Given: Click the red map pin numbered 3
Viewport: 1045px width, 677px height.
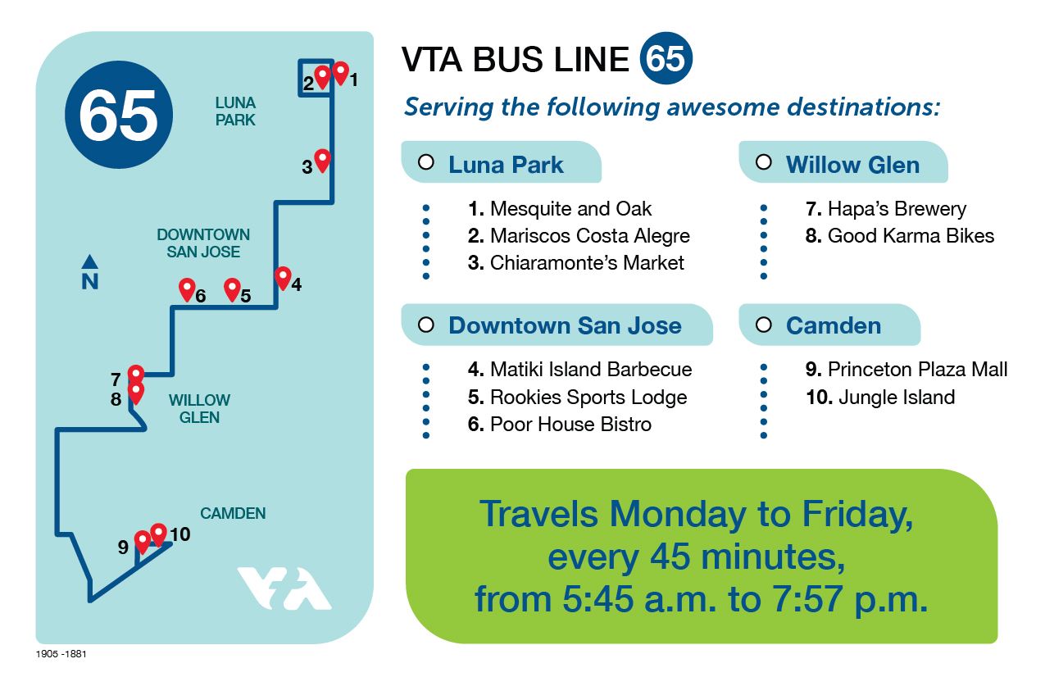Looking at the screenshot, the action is pyautogui.click(x=322, y=161).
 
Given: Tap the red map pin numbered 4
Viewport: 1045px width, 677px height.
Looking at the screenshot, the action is pyautogui.click(x=283, y=278).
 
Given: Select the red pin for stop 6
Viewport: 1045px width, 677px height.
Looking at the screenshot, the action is pyautogui.click(x=187, y=290).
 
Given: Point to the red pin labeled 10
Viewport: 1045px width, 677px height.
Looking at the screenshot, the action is pyautogui.click(x=159, y=534).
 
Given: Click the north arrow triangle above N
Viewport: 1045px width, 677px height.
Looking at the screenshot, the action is pyautogui.click(x=89, y=261).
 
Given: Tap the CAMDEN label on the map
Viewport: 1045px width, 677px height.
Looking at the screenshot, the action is pyautogui.click(x=233, y=513).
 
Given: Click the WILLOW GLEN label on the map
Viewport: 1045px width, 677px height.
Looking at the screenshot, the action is pyautogui.click(x=199, y=409).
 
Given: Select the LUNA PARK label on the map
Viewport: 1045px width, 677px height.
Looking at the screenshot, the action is pyautogui.click(x=235, y=111).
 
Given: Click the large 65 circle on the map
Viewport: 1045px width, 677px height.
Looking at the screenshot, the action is pyautogui.click(x=119, y=115).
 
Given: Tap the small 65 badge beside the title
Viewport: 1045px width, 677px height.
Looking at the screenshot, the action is pyautogui.click(x=666, y=58).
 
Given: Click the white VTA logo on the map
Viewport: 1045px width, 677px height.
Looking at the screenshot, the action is pyautogui.click(x=284, y=588).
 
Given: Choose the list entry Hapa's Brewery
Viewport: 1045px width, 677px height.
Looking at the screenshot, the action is pyautogui.click(x=886, y=208).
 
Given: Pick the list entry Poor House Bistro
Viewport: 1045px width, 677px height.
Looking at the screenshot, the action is pyautogui.click(x=559, y=424).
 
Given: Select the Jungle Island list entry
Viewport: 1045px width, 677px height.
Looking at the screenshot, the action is pyautogui.click(x=880, y=397).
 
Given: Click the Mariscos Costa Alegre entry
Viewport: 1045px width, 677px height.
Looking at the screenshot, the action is pyautogui.click(x=579, y=235).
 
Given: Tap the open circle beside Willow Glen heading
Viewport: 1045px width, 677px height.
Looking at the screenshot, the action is pyautogui.click(x=764, y=162).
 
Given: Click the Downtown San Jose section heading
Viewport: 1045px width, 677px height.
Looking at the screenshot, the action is pyautogui.click(x=565, y=325).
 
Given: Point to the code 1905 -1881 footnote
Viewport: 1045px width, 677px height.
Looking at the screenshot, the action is pyautogui.click(x=61, y=654).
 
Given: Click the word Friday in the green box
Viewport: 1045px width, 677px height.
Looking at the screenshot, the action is pyautogui.click(x=857, y=515).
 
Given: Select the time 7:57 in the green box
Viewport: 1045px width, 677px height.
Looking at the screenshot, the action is pyautogui.click(x=807, y=599).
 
